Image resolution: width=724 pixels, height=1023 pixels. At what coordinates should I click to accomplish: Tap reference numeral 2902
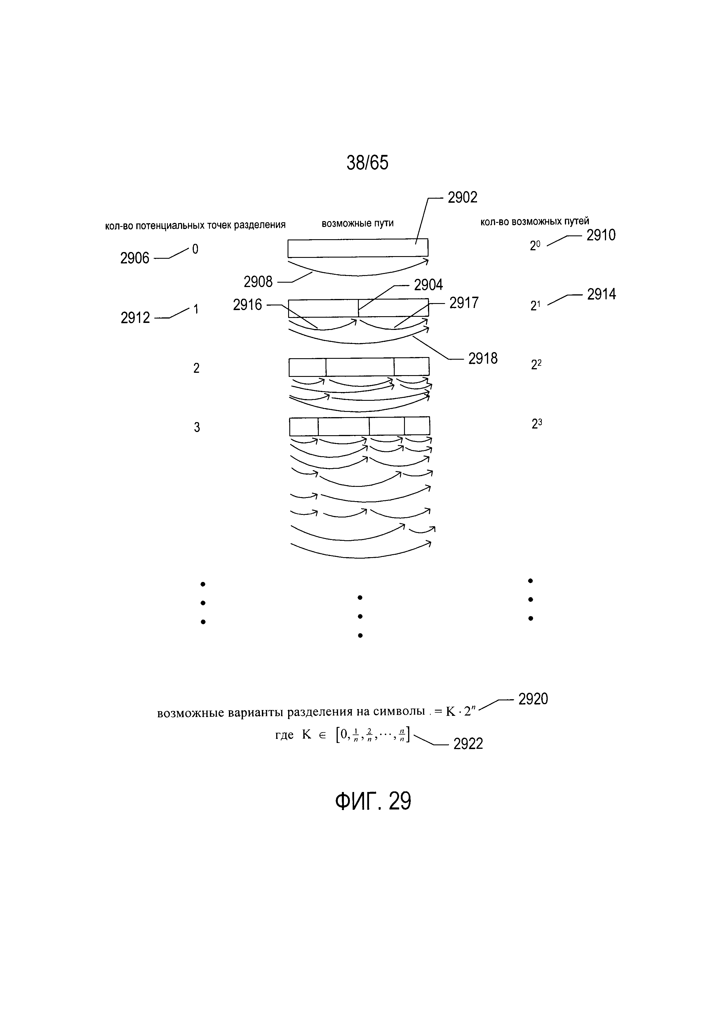pyautogui.click(x=462, y=197)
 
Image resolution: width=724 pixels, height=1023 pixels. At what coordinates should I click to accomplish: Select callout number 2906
pyautogui.click(x=135, y=258)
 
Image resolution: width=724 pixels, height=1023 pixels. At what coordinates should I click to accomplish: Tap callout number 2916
pyautogui.click(x=248, y=305)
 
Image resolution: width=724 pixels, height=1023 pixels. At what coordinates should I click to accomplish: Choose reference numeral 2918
pyautogui.click(x=483, y=358)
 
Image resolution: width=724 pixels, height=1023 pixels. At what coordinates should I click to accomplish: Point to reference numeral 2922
pyautogui.click(x=468, y=744)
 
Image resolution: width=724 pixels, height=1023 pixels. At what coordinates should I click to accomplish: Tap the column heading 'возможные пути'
pyautogui.click(x=358, y=223)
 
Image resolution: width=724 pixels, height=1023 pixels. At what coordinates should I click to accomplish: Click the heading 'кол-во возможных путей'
pyautogui.click(x=535, y=221)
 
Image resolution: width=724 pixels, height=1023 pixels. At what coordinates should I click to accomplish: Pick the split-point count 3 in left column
pyautogui.click(x=196, y=427)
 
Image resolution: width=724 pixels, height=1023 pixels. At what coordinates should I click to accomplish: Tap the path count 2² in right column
pyautogui.click(x=536, y=365)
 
